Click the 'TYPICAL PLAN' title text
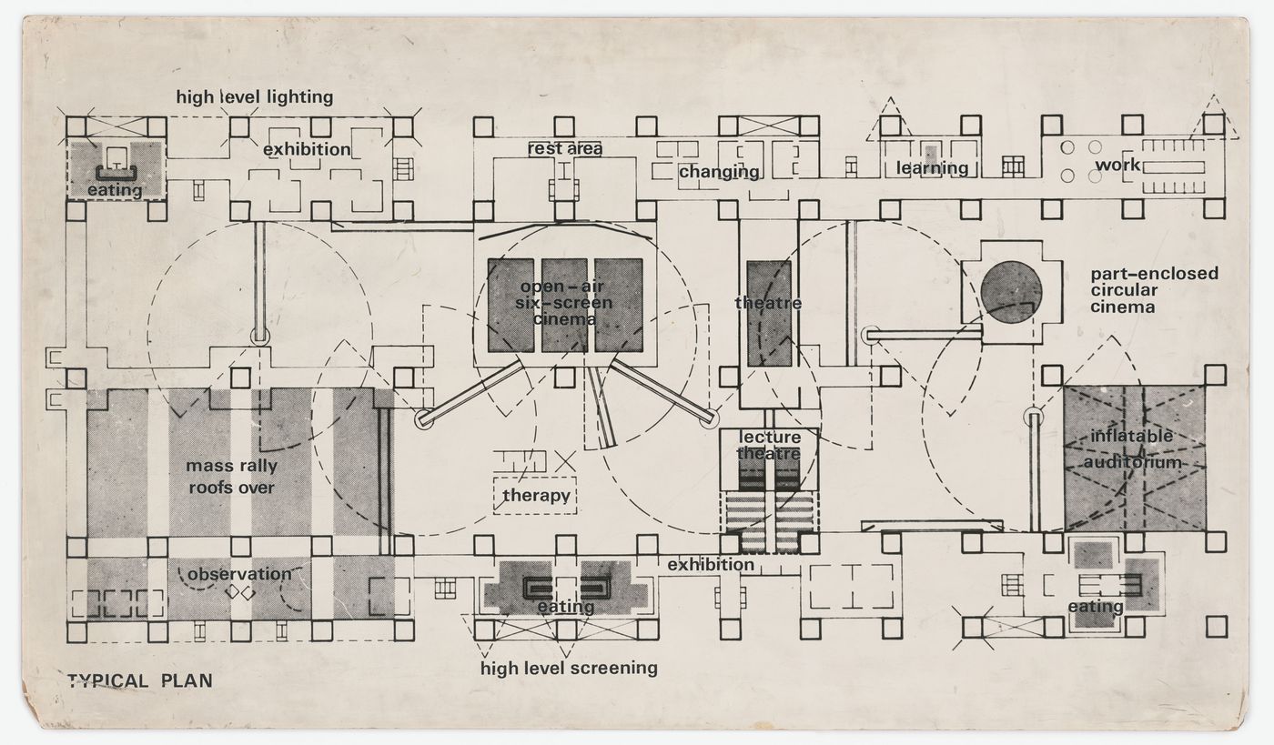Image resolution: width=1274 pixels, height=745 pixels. pos(139,680)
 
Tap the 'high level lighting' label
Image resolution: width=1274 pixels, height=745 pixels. pos(254,96)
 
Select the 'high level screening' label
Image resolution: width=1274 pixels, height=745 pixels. pos(569,668)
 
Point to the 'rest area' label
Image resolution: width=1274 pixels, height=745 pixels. pos(565,147)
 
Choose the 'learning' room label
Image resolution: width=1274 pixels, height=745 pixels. pos(932,167)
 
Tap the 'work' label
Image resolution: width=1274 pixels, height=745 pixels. pos(1117,166)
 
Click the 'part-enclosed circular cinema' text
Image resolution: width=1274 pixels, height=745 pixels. pos(1154,290)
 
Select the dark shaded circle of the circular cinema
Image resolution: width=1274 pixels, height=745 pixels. pos(1011,291)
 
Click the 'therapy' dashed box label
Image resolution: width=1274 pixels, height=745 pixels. pos(536,496)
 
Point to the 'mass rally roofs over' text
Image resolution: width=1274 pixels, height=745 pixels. pos(231,477)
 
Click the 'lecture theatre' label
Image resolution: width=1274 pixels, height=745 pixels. pos(769,446)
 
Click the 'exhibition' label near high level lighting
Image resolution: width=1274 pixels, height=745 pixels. pos(307,148)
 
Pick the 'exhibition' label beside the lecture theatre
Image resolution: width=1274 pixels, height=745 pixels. pos(711,565)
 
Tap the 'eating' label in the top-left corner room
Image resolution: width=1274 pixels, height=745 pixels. pos(115,190)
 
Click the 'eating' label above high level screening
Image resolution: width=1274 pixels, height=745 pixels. pos(565,607)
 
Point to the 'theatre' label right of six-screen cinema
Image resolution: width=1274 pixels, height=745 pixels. pos(768,303)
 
